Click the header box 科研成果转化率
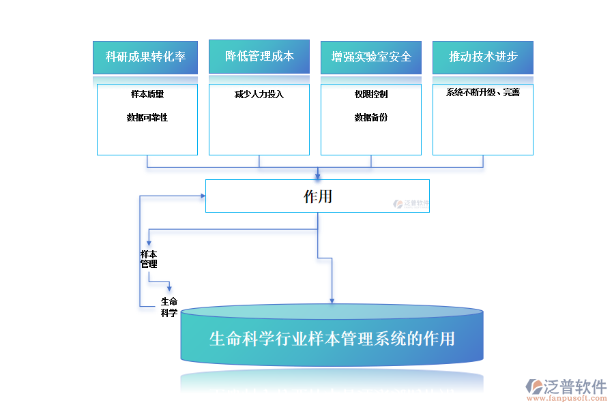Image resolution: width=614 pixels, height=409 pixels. [145, 57]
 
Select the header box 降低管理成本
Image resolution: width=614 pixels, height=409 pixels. [259, 57]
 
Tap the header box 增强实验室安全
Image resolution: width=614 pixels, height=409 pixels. [371, 57]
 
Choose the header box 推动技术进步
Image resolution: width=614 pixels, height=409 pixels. [483, 57]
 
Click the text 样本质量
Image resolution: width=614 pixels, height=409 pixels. [147, 94]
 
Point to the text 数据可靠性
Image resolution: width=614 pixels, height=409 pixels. [147, 117]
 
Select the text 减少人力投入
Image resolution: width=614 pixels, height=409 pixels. [259, 94]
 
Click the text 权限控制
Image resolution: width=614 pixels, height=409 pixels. [371, 94]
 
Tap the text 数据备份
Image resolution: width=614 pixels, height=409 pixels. [371, 117]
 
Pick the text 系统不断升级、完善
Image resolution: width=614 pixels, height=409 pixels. [483, 92]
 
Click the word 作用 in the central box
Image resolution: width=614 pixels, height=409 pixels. [318, 196]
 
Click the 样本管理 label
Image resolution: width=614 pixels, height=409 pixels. [149, 259]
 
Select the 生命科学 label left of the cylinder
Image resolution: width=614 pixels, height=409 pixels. [169, 307]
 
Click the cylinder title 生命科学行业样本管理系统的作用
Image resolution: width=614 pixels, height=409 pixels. [332, 339]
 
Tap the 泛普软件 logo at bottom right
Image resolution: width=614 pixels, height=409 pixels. [566, 387]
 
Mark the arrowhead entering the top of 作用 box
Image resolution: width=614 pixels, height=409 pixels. [317, 176]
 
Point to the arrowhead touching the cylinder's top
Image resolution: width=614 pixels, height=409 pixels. [332, 300]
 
